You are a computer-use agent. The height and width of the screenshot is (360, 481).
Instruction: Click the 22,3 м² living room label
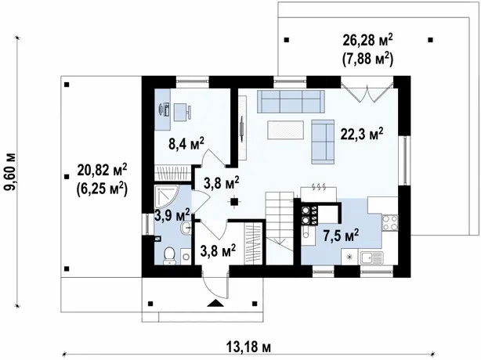[362, 134]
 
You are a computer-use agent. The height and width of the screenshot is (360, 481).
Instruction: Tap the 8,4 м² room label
[186, 143]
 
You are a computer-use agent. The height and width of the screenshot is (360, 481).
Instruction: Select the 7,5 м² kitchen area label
[341, 236]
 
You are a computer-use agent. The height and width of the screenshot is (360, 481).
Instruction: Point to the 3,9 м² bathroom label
[172, 214]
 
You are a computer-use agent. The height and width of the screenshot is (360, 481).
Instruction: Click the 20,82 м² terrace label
[102, 170]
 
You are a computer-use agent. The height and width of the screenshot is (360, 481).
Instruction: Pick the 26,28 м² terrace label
[368, 40]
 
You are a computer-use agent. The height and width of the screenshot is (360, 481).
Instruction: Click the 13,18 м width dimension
[249, 347]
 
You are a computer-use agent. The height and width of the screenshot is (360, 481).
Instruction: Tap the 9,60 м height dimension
[11, 171]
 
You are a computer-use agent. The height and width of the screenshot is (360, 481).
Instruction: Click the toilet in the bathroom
[169, 256]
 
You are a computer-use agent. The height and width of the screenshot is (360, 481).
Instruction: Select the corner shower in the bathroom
[166, 196]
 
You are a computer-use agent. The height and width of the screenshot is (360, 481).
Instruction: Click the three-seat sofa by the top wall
[291, 102]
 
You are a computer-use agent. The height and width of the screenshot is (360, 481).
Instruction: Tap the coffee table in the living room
[285, 130]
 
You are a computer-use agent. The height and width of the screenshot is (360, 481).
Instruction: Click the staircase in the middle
[279, 228]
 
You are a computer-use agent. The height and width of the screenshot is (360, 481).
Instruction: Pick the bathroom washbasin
[186, 228]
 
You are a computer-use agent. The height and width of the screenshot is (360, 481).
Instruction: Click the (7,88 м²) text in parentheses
[368, 59]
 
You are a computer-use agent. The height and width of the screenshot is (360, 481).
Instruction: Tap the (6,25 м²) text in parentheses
[102, 189]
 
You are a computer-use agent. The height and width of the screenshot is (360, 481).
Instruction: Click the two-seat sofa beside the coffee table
[323, 142]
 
